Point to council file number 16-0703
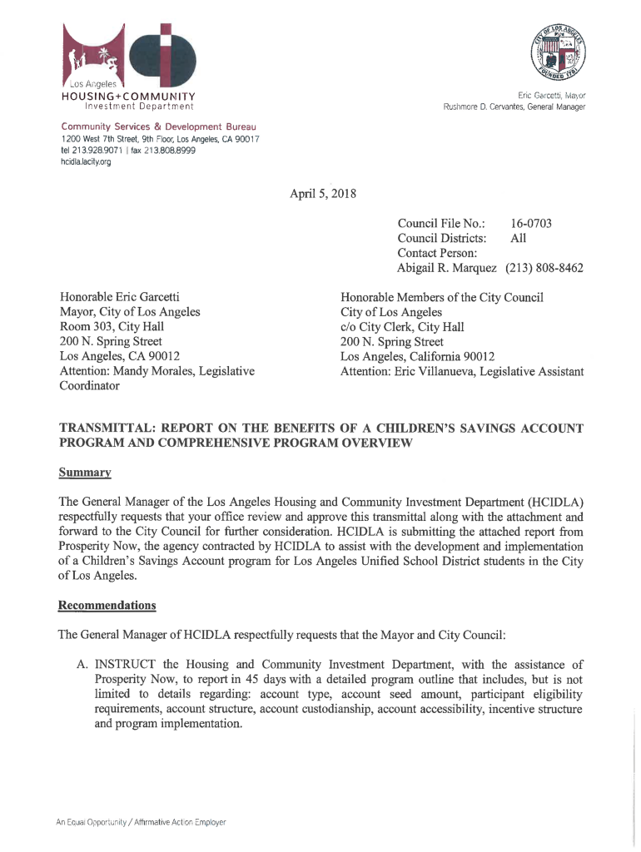click(532, 224)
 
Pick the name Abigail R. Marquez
click(447, 269)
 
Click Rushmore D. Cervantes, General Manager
click(514, 106)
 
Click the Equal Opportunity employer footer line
click(141, 822)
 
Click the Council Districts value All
click(517, 239)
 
